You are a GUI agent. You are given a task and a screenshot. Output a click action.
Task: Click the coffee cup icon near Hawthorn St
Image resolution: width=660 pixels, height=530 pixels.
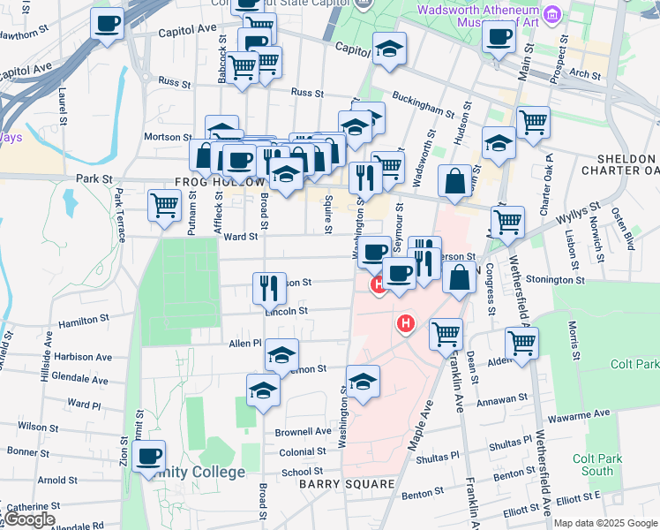tap(107, 24)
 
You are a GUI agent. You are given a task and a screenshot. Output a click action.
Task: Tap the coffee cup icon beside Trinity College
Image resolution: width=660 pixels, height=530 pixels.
tap(149, 457)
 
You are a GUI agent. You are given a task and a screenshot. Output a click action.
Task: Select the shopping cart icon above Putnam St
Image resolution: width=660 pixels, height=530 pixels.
tap(164, 205)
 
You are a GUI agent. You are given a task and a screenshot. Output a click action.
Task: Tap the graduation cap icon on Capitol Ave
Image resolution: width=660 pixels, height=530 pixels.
tap(388, 49)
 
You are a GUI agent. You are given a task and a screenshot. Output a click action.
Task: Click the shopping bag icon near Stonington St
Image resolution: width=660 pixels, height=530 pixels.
tap(459, 278)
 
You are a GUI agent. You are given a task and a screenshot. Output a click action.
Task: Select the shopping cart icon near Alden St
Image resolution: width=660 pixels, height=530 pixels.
tap(521, 344)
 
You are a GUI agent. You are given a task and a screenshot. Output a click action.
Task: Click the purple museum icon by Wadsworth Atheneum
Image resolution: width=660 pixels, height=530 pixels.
tap(552, 14)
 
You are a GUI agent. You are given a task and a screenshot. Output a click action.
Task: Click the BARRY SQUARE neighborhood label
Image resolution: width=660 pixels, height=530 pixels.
tap(346, 484)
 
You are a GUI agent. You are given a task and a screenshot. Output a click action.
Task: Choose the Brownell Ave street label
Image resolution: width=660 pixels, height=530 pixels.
tap(303, 432)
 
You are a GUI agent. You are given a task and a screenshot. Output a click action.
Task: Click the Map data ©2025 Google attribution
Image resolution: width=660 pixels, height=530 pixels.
tap(604, 523)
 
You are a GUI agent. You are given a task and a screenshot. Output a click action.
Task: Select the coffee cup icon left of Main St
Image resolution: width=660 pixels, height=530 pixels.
tap(499, 38)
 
